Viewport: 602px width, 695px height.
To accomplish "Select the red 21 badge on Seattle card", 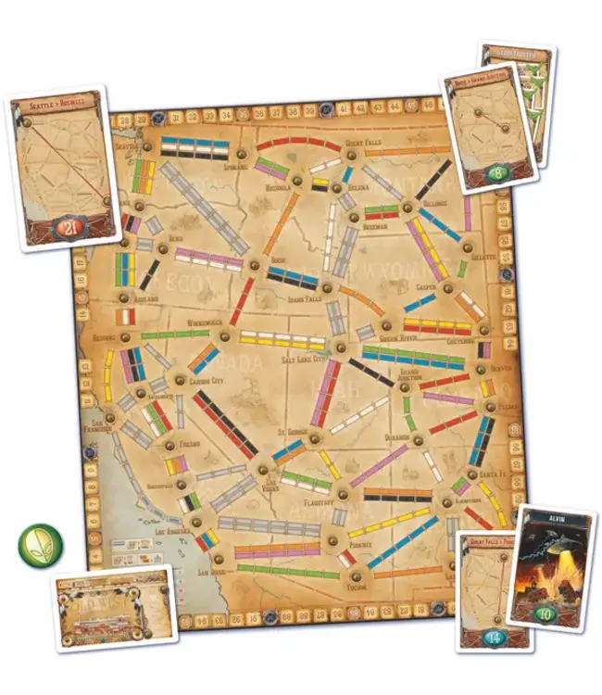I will tap(66, 227).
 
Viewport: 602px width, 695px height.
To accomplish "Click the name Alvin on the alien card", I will tap(553, 520).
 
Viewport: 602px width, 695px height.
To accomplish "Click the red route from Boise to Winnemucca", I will tap(242, 300).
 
